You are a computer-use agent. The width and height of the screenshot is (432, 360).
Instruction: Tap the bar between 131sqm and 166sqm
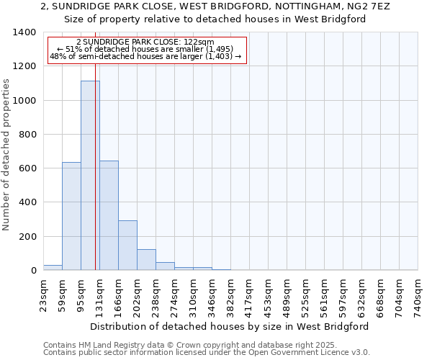[x=109, y=215]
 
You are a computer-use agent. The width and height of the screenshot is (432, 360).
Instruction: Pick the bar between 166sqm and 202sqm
[x=127, y=245]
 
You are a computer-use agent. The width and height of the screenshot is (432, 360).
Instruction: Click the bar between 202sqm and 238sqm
[x=146, y=259]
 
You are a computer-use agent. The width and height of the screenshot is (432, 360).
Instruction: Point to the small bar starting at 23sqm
[x=53, y=267]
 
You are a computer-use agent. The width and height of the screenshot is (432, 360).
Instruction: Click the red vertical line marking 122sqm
[x=95, y=180]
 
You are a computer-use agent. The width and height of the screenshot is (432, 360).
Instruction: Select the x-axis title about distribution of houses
[x=230, y=326]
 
